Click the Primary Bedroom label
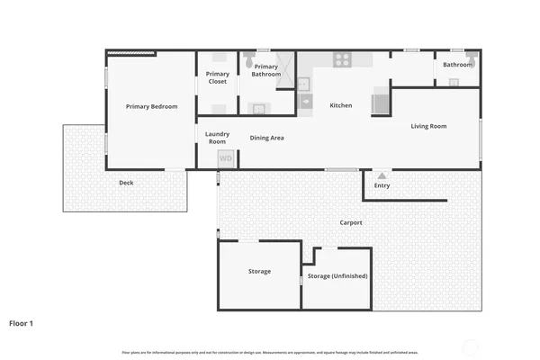tap(151, 107)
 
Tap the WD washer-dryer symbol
tap(226, 158)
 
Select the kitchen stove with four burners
tap(343, 60)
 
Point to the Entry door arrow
tap(382, 175)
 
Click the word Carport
tap(351, 222)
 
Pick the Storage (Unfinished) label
tap(337, 276)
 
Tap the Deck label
tap(126, 183)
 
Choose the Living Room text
tap(428, 127)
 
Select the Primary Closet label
tap(217, 77)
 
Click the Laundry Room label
tap(217, 138)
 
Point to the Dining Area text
tap(267, 138)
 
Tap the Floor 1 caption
tap(22, 322)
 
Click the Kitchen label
tap(341, 106)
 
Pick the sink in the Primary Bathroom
tap(258, 108)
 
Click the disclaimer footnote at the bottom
tap(270, 352)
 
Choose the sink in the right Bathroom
tap(454, 83)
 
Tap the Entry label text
tap(382, 186)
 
